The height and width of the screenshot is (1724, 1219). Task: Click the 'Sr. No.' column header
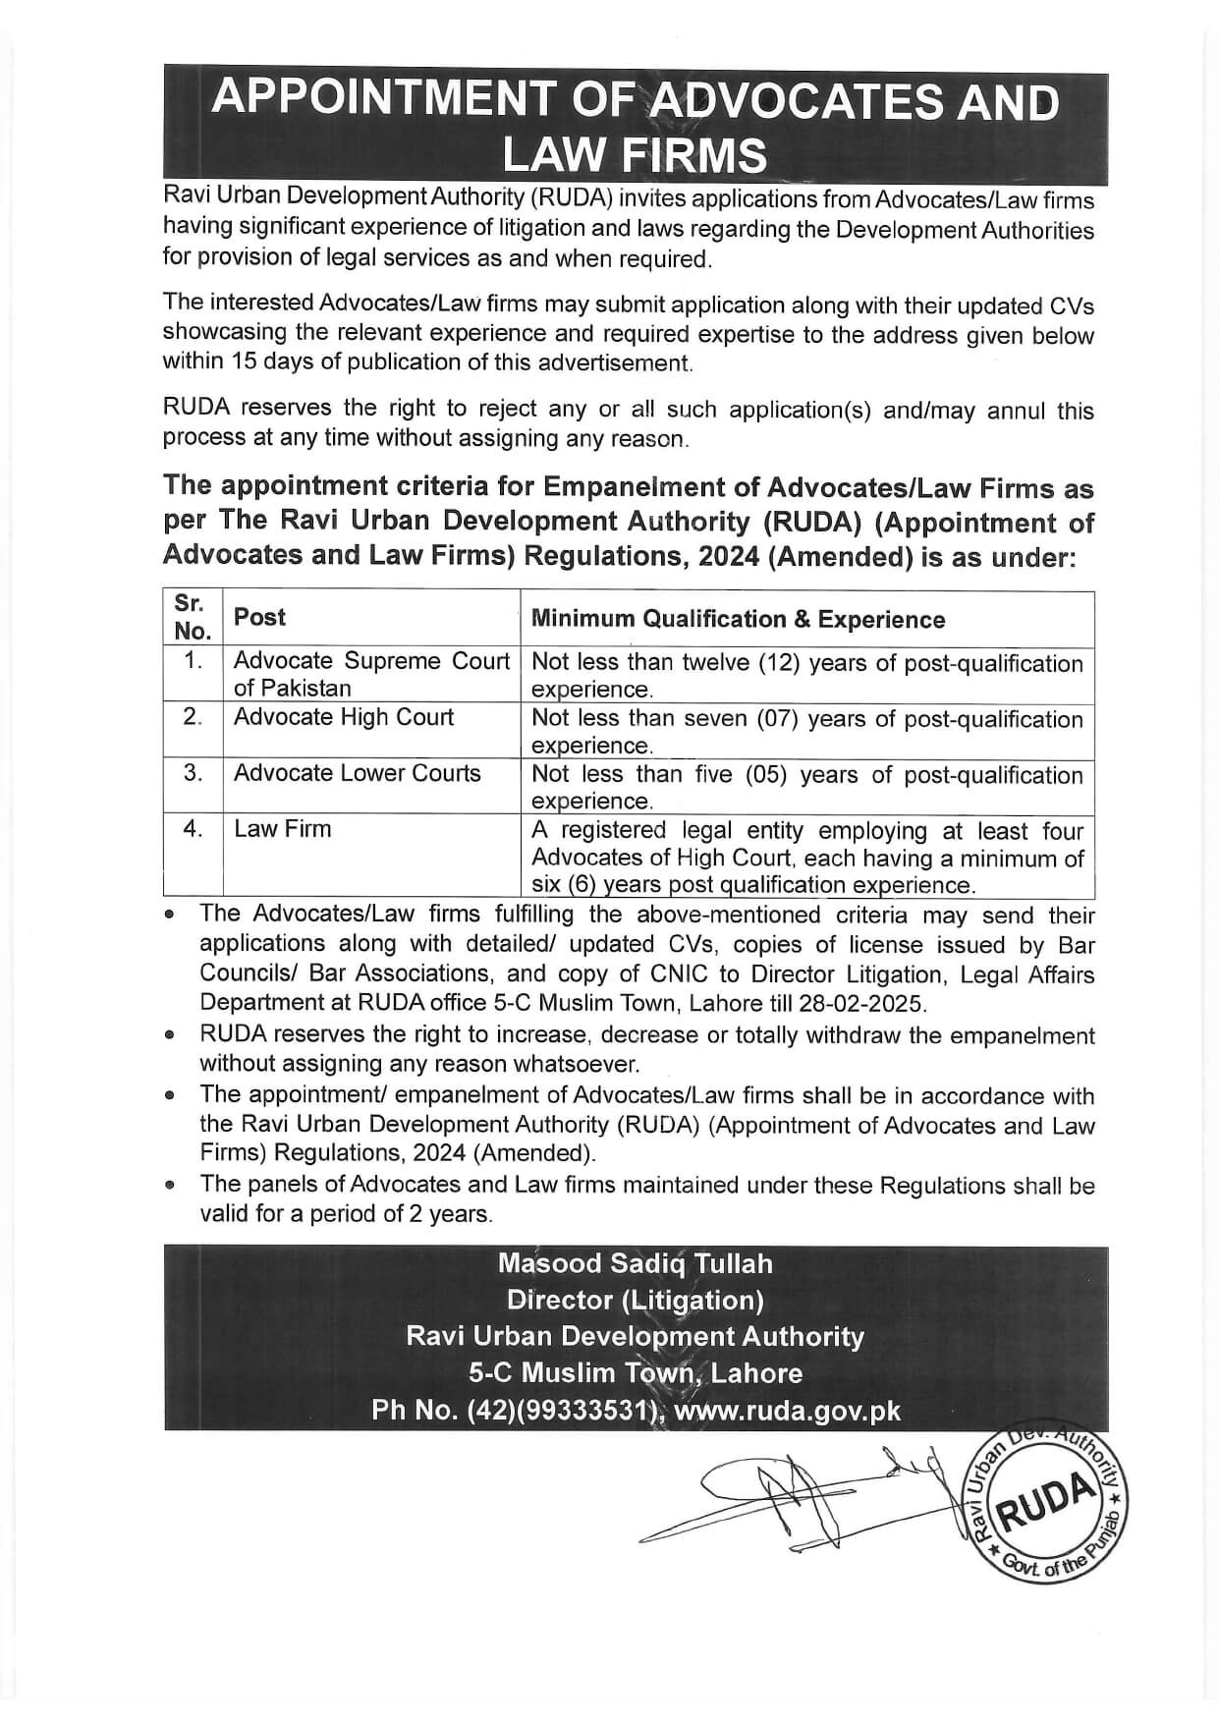(193, 617)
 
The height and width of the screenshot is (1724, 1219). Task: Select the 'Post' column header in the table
(259, 617)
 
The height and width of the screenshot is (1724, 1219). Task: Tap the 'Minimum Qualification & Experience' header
(738, 619)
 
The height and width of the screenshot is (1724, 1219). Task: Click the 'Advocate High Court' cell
(344, 717)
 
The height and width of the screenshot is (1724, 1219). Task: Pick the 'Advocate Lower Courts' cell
(358, 773)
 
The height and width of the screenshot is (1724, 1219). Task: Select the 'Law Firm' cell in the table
(283, 829)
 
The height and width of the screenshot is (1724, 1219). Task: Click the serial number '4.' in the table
(193, 829)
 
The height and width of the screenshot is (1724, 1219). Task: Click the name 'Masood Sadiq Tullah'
(635, 1263)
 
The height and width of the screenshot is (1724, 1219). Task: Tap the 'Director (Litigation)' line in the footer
(635, 1301)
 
